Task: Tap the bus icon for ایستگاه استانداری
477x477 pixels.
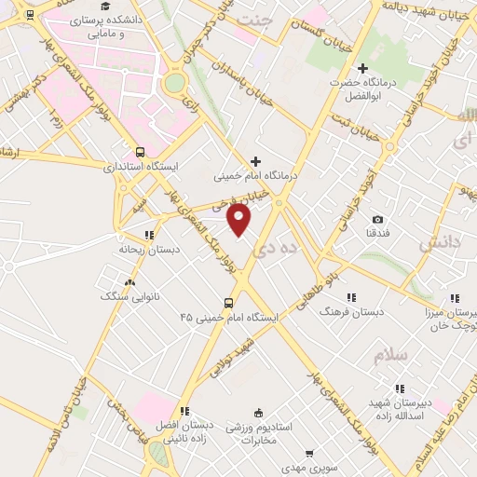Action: coord(141,152)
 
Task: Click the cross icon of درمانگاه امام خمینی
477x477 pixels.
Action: coord(255,161)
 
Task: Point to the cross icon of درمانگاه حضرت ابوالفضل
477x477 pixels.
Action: coord(363,68)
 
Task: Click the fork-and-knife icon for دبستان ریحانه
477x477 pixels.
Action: coord(148,235)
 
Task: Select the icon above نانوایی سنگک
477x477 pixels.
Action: coord(129,280)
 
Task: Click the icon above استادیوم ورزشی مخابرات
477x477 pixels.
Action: coord(258,412)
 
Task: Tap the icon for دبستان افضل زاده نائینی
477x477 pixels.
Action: coord(184,410)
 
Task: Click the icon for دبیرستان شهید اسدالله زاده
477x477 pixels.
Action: coord(399,388)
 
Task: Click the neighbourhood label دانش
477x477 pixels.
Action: coord(439,244)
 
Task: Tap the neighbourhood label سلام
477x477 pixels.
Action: coord(391,356)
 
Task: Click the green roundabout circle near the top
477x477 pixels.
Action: coord(174,82)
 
